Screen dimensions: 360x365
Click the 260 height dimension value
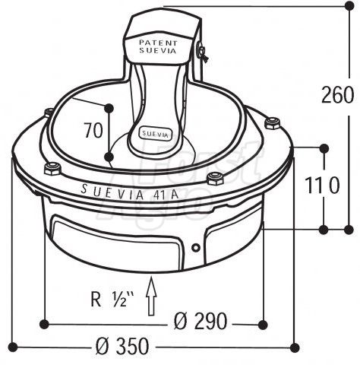click(337, 95)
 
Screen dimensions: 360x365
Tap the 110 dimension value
click(322, 185)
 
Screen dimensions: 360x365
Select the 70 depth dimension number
click(93, 130)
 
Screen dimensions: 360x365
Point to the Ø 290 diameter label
click(201, 321)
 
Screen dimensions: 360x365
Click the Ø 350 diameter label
click(123, 346)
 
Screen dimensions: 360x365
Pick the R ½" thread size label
click(112, 299)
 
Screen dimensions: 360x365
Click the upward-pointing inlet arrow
click(151, 296)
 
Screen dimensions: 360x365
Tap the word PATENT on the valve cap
click(158, 43)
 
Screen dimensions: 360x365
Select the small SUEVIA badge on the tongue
click(155, 134)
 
